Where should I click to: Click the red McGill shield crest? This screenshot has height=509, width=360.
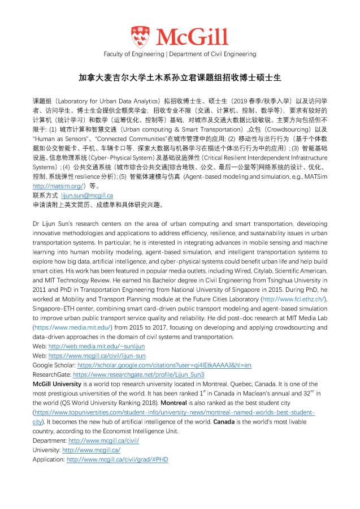(x=138, y=37)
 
